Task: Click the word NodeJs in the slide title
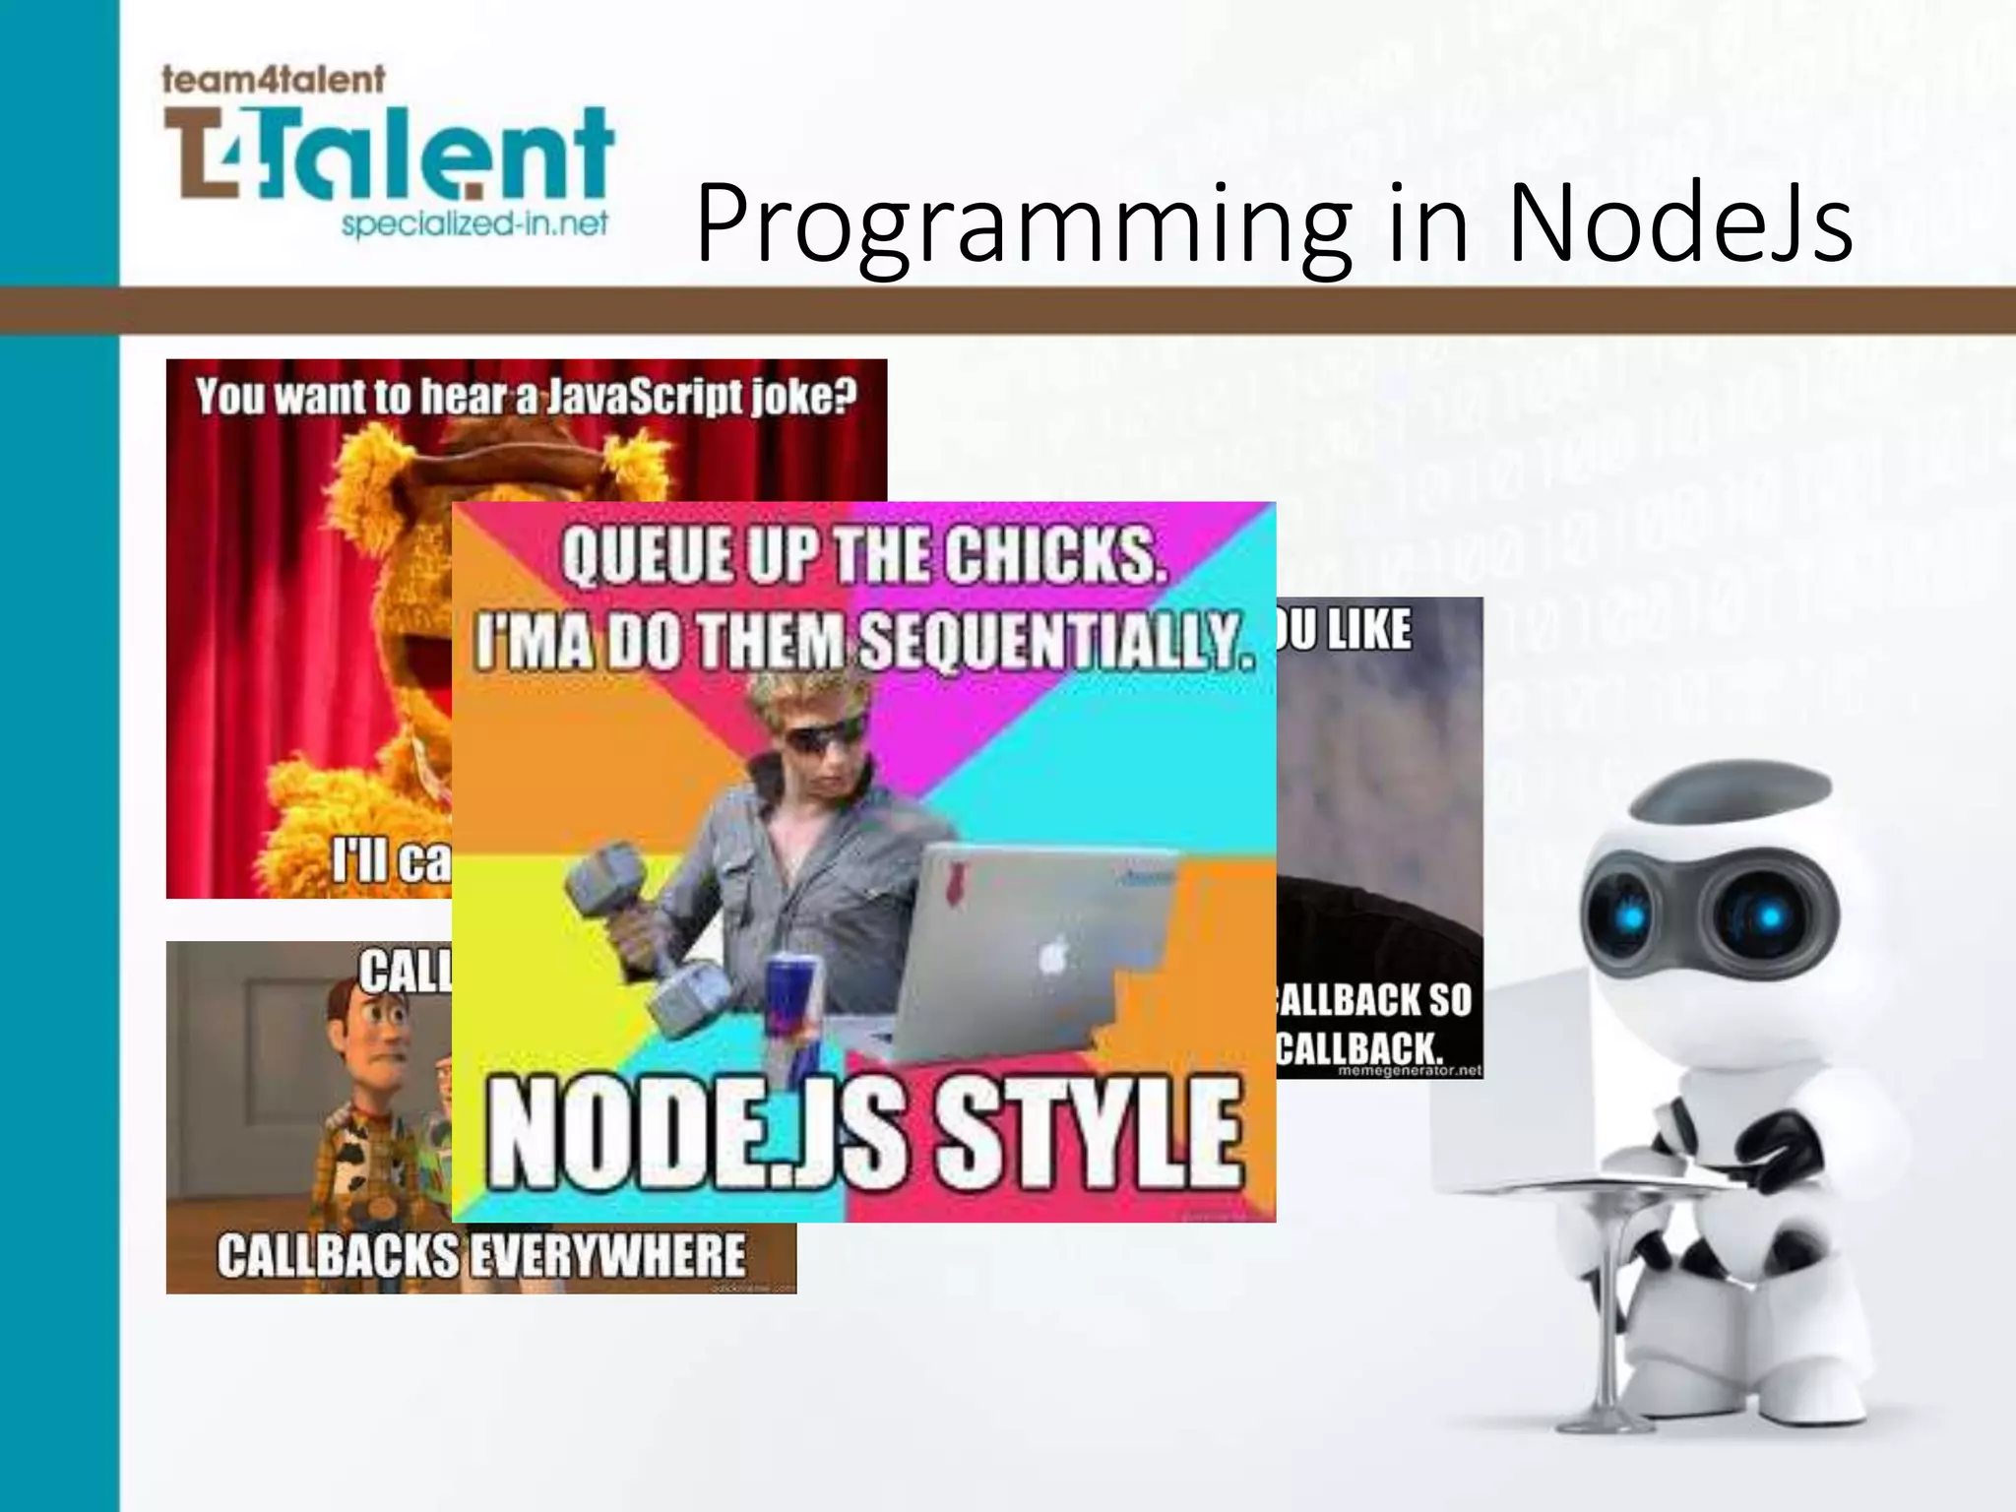(x=1678, y=224)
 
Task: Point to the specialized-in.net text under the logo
(x=474, y=225)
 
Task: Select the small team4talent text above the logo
(x=273, y=79)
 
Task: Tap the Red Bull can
(x=793, y=1014)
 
